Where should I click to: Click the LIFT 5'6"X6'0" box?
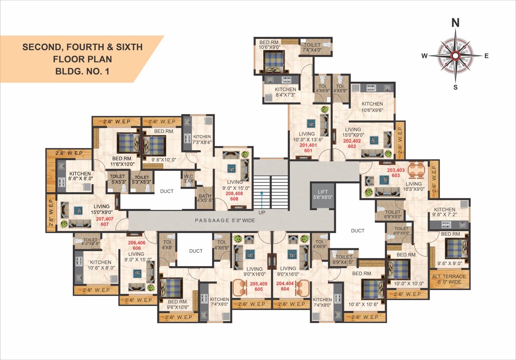click(x=323, y=195)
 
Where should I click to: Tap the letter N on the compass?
click(x=455, y=23)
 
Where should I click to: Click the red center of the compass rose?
click(x=455, y=56)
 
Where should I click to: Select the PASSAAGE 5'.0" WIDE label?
click(x=225, y=220)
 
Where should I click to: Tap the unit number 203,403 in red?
click(x=396, y=170)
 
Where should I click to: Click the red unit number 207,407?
click(x=104, y=219)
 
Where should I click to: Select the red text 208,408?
click(x=234, y=193)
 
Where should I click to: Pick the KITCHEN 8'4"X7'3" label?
click(x=285, y=92)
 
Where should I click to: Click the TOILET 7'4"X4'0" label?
click(x=312, y=47)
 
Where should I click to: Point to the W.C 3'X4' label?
click(x=188, y=178)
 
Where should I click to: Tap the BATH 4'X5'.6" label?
click(x=204, y=198)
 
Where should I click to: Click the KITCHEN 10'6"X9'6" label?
click(x=372, y=107)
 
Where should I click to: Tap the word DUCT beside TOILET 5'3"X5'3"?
click(x=167, y=191)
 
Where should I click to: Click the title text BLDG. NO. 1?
click(x=82, y=71)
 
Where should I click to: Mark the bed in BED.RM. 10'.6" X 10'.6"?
click(x=373, y=289)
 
